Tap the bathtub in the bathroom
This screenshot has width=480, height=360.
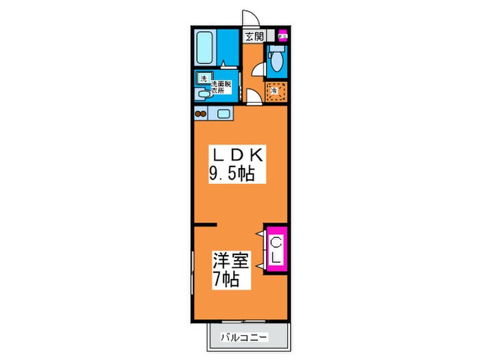pyautogui.click(x=206, y=48)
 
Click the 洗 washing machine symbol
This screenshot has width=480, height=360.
pyautogui.click(x=203, y=79)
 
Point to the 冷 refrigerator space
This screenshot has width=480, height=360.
pyautogui.click(x=274, y=90)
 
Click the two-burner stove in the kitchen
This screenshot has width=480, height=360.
pyautogui.click(x=202, y=114)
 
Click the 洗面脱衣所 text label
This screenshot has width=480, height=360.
pyautogui.click(x=221, y=86)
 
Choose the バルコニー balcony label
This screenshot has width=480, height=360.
pyautogui.click(x=244, y=337)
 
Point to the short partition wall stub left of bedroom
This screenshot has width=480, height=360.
pyautogui.click(x=205, y=224)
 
